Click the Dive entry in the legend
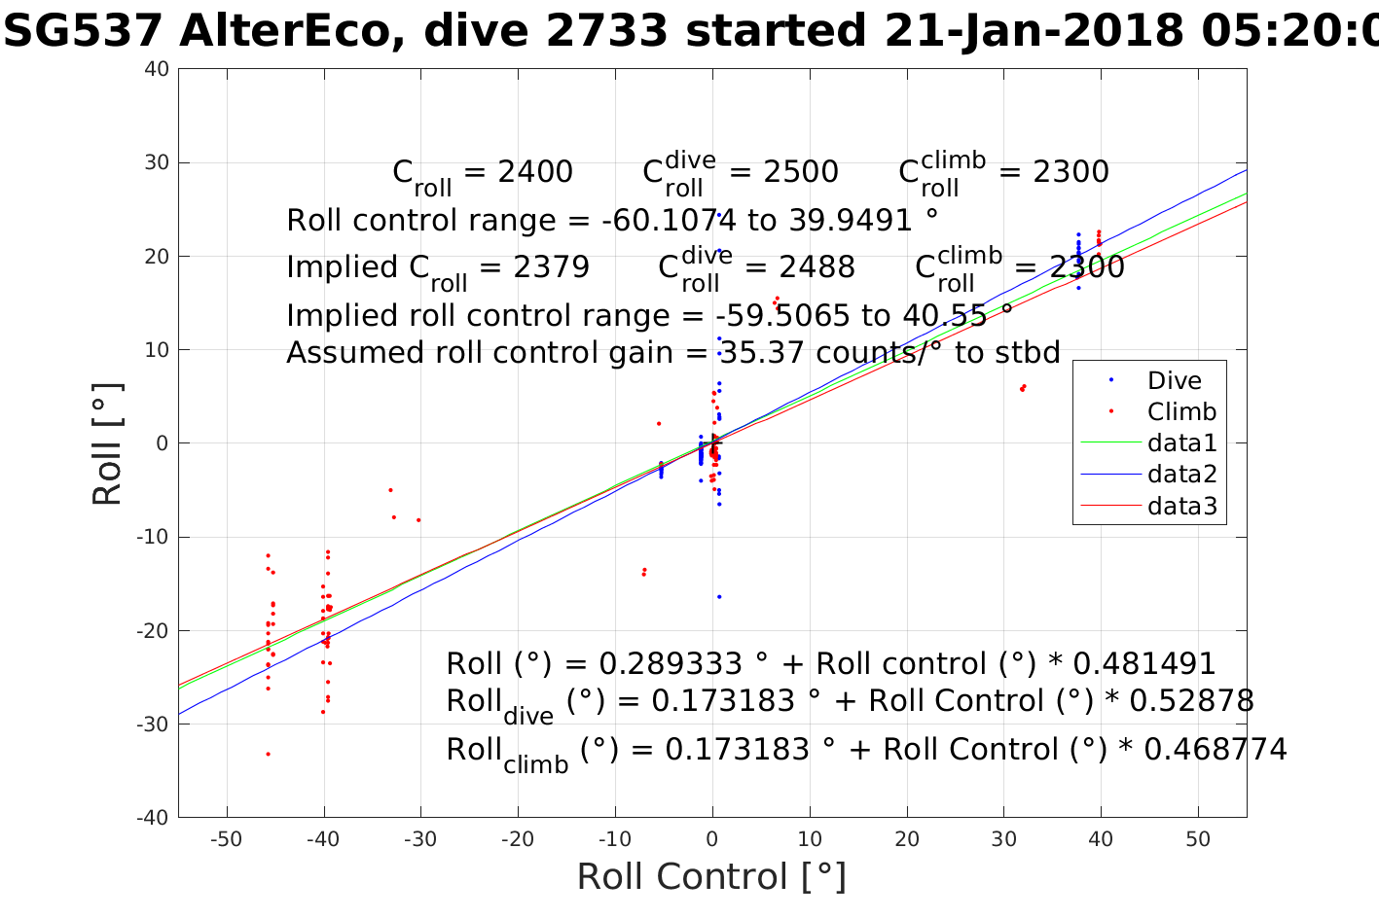1174,380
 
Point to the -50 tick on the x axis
226,838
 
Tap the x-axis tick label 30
1003,838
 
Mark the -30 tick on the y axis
154,725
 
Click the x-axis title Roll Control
711,877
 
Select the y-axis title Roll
107,444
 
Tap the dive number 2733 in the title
606,32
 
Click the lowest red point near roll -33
268,754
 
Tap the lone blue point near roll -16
719,596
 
